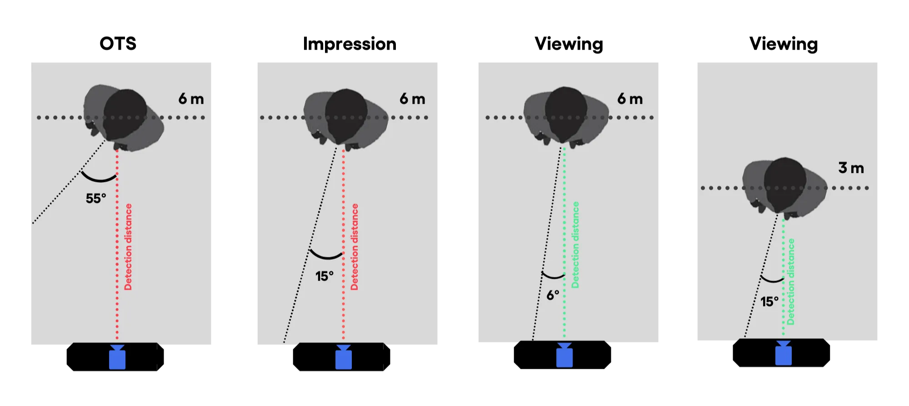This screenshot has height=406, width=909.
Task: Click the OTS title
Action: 118,44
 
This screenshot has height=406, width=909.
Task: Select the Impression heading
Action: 350,44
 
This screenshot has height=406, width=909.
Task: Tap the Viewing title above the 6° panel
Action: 569,44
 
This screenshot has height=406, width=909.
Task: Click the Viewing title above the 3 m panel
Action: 784,44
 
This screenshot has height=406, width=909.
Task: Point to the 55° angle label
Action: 96,198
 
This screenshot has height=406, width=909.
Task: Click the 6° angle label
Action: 553,295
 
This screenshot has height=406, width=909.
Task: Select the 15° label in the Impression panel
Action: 325,276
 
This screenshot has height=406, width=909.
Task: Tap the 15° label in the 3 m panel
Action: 769,301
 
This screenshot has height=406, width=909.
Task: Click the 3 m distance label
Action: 851,168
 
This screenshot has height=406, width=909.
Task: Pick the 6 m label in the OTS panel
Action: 191,99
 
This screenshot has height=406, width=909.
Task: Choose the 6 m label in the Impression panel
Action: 412,99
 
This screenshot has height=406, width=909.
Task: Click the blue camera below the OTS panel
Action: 117,357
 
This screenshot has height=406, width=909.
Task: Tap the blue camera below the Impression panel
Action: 344,357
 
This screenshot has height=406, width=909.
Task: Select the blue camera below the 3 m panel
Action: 784,353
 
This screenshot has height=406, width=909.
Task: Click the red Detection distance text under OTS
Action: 128,247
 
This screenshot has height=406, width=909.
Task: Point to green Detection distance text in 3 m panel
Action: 791,282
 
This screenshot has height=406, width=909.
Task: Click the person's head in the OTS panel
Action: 125,114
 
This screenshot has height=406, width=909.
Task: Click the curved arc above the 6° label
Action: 553,276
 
